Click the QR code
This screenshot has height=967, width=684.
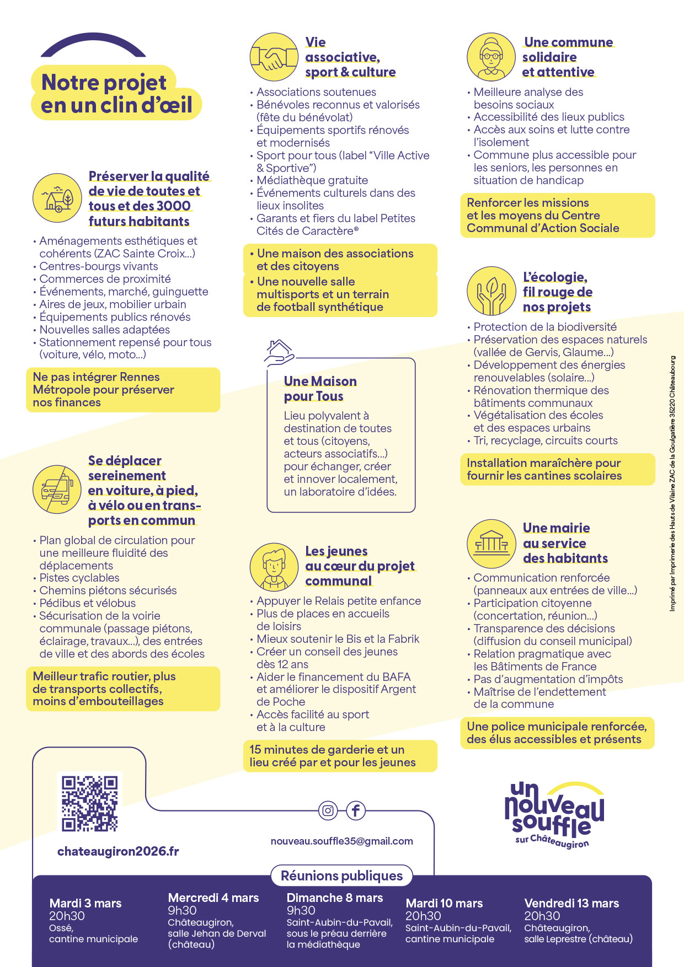(89, 803)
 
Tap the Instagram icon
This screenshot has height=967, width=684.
(328, 810)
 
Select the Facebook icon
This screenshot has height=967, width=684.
(356, 810)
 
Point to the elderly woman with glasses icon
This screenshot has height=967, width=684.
(491, 57)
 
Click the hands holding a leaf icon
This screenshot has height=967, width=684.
(491, 291)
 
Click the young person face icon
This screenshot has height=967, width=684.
(274, 567)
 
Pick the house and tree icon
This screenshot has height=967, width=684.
(57, 197)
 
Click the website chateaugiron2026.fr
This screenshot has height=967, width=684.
(118, 851)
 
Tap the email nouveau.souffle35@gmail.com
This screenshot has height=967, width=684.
(341, 841)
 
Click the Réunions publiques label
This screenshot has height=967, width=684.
(341, 875)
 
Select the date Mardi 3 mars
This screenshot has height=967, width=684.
(85, 903)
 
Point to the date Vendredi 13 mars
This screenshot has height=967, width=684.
(571, 903)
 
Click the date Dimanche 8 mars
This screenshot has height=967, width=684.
(335, 898)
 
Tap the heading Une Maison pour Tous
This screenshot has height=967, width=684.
(320, 389)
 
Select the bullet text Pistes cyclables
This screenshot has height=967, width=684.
(79, 578)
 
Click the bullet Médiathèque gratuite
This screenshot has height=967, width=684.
(312, 180)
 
